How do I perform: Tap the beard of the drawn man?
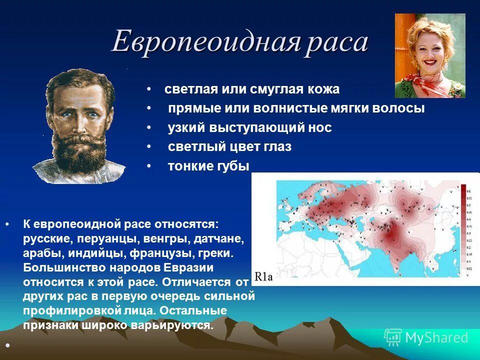(80, 150)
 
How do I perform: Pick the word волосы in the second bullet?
(399, 108)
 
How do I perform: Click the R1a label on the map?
(263, 277)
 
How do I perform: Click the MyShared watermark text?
(437, 338)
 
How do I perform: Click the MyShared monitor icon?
(393, 337)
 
